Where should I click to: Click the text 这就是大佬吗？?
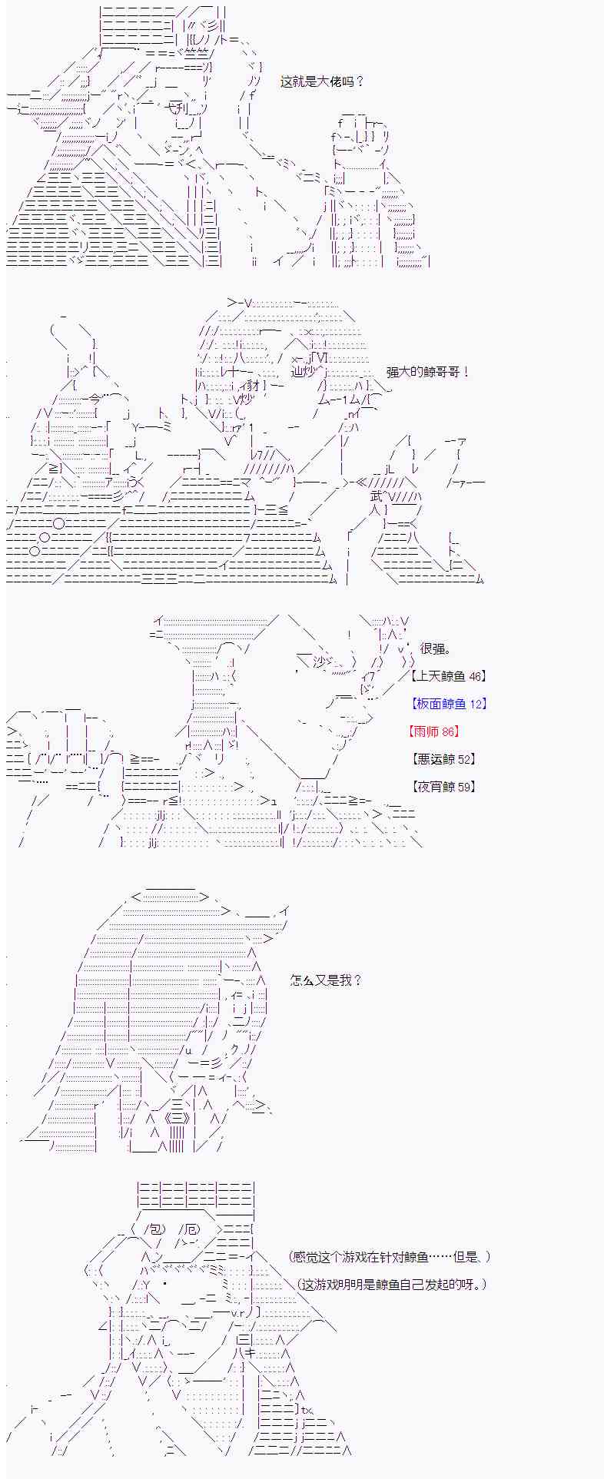pyautogui.click(x=322, y=82)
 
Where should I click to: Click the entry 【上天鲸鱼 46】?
pyautogui.click(x=449, y=676)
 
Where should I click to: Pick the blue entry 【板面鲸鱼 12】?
pyautogui.click(x=449, y=704)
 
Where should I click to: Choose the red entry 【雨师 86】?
pyautogui.click(x=436, y=731)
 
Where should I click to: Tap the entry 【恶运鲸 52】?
pyautogui.click(x=443, y=759)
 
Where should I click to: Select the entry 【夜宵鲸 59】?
pyautogui.click(x=443, y=787)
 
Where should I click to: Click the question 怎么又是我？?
pyautogui.click(x=326, y=980)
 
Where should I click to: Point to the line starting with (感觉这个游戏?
pyautogui.click(x=390, y=1257)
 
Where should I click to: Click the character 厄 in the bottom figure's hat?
pyautogui.click(x=191, y=1229)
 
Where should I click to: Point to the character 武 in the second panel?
pyautogui.click(x=376, y=496)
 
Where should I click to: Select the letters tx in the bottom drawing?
pyautogui.click(x=306, y=1409)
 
